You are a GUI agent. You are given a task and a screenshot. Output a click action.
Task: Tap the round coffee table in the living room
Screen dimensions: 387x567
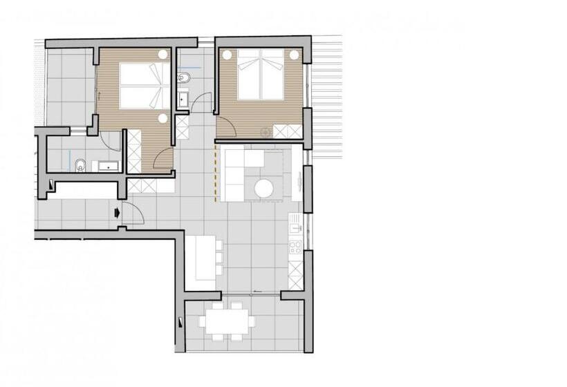pyautogui.click(x=264, y=189)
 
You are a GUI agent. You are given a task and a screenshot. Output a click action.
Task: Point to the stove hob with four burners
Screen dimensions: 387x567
pyautogui.click(x=295, y=247)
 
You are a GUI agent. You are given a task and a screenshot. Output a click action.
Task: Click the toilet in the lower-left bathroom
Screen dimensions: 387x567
pyautogui.click(x=80, y=164)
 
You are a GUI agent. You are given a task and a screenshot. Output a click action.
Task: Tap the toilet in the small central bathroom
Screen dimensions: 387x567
pyautogui.click(x=183, y=77)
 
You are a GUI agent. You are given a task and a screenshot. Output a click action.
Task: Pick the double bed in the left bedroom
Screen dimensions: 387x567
pyautogui.click(x=144, y=86)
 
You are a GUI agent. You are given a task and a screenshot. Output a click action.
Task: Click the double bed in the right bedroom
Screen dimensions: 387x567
pyautogui.click(x=261, y=74)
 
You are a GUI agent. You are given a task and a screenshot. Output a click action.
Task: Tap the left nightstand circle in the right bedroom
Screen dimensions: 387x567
pyautogui.click(x=226, y=55)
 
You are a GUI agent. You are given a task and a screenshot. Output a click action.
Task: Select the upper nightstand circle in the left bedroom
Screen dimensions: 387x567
pyautogui.click(x=162, y=55)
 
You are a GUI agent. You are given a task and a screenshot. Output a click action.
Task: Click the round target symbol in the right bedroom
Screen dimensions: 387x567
pyautogui.click(x=264, y=131)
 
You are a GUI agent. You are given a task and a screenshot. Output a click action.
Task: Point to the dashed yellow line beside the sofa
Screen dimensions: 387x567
pyautogui.click(x=216, y=173)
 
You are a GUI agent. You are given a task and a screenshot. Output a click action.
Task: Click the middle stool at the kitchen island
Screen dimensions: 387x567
pyautogui.click(x=219, y=257)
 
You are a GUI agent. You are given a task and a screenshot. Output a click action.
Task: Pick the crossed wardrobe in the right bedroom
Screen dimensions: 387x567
pyautogui.click(x=288, y=131)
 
